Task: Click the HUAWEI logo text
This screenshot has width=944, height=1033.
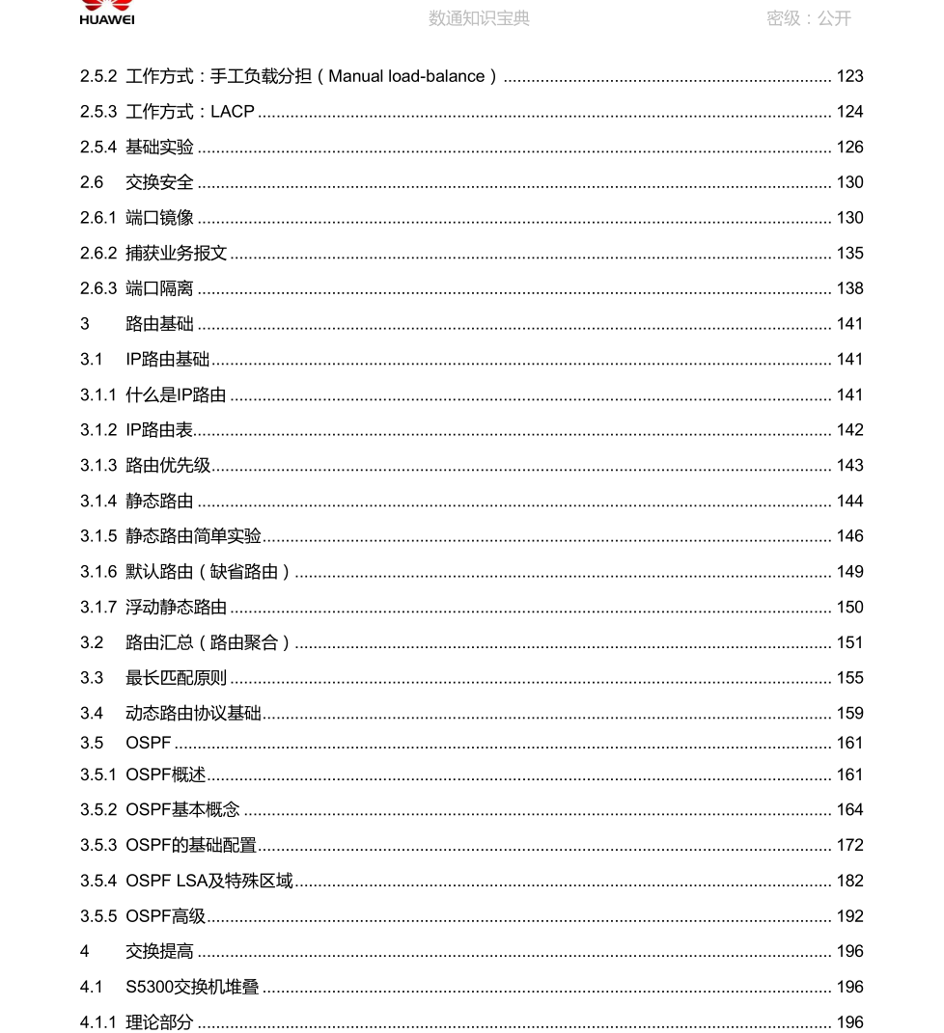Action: click(x=107, y=19)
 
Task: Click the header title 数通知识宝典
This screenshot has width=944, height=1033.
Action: click(x=479, y=18)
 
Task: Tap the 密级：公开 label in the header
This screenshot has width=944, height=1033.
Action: click(x=809, y=18)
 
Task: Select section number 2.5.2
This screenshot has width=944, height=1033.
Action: click(x=98, y=76)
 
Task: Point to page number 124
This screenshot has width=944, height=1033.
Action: click(x=849, y=112)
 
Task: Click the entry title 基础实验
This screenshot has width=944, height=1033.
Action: click(x=159, y=148)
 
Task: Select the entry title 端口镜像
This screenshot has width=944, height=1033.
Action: click(x=159, y=218)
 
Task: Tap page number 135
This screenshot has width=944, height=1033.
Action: click(x=849, y=254)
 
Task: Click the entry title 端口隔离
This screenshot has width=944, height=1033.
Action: click(x=159, y=288)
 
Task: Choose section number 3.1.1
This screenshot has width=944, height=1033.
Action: click(x=98, y=394)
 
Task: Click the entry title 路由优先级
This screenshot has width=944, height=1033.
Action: click(x=168, y=466)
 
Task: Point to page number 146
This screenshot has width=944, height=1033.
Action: click(x=849, y=536)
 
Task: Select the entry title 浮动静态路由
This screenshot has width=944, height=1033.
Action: click(x=177, y=608)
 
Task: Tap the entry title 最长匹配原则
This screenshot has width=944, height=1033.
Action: click(x=177, y=678)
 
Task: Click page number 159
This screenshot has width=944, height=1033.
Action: click(x=849, y=714)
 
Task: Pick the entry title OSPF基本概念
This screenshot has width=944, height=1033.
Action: click(x=182, y=810)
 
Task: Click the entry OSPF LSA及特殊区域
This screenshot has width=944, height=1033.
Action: click(x=209, y=881)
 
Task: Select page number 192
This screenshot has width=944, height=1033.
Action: click(x=849, y=916)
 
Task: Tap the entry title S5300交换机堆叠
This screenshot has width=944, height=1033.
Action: click(x=192, y=987)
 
